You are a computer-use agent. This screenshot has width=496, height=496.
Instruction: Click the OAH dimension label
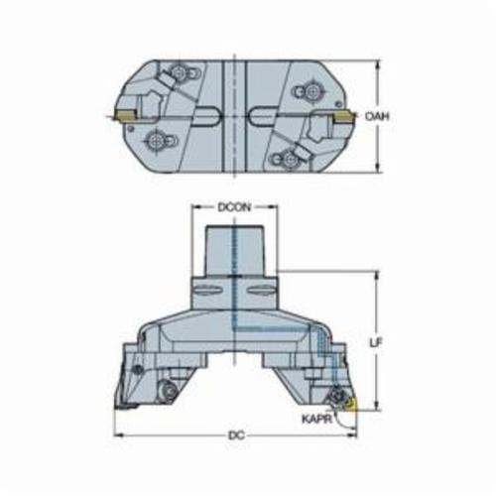point(377,116)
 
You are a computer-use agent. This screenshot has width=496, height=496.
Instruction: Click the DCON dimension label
point(234,207)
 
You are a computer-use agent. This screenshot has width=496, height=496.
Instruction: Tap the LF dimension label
point(376,343)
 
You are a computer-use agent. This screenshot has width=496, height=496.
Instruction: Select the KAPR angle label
point(316,420)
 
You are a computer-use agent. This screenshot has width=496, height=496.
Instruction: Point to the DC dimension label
point(237,435)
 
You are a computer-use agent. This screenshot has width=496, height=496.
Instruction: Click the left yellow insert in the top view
point(125,115)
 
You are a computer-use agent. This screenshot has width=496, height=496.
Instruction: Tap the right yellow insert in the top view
point(344,116)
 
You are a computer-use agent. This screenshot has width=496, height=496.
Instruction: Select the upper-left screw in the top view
point(178,72)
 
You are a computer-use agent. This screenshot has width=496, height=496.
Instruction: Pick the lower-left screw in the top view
point(155,142)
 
